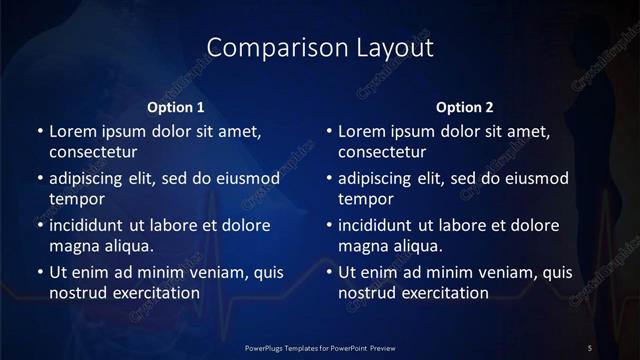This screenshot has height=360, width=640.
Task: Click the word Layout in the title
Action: pos(389,47)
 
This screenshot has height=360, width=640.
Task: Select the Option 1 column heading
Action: pos(176,107)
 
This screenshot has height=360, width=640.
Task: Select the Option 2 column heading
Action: pos(466,107)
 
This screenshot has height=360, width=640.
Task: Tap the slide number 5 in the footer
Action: pos(590,346)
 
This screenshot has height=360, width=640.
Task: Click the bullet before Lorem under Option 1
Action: pos(38,131)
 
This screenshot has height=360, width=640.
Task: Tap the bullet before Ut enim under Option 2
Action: pos(328,271)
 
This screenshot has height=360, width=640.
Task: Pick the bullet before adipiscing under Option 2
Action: pos(328,178)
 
